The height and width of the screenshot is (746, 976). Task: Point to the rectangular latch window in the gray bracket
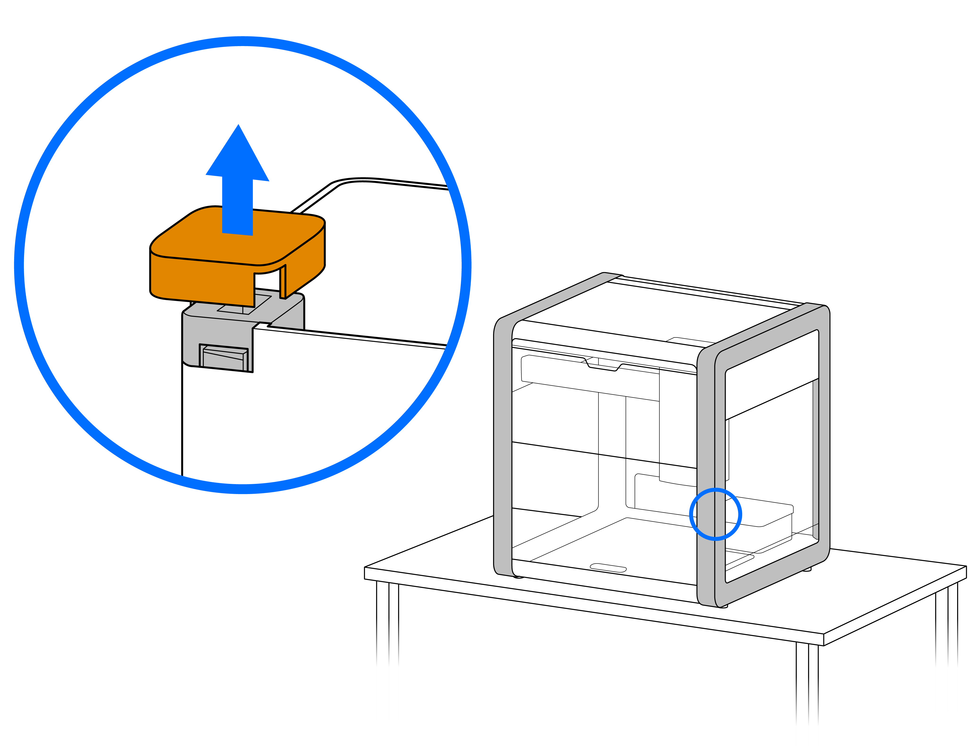[x=224, y=358]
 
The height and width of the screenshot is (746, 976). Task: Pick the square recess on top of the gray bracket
[x=243, y=306]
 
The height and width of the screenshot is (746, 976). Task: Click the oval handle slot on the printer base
[x=608, y=567]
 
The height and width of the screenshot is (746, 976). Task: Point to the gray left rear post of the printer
[x=503, y=444]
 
